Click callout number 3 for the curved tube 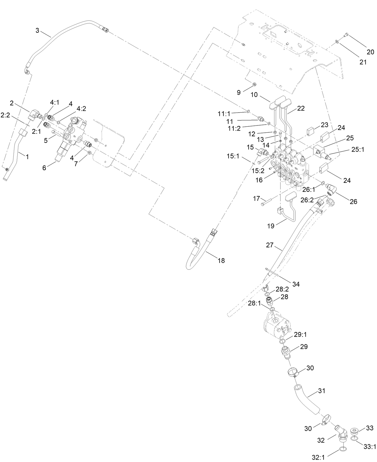point(37,30)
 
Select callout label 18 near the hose point(221,261)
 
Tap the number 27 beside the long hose point(270,245)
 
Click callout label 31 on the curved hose point(322,391)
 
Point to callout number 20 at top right point(370,52)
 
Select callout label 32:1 point(319,457)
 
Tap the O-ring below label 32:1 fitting point(343,449)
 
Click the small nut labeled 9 point(254,84)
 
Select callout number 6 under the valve point(44,168)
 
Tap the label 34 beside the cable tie point(296,284)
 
